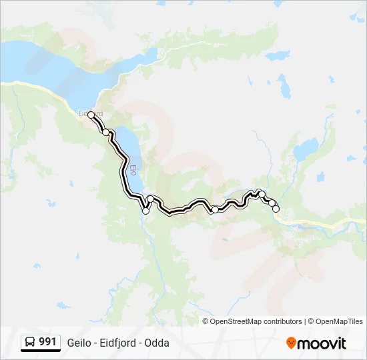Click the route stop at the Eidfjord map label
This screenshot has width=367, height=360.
coord(91,115)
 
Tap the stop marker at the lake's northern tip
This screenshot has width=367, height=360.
coord(105,132)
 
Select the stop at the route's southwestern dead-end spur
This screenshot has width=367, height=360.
coord(146,211)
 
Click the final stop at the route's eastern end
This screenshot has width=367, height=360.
coord(276,209)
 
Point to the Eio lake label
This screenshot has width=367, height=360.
coord(133,171)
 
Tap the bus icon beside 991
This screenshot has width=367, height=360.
coord(30,343)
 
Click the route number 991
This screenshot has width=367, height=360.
coord(47,343)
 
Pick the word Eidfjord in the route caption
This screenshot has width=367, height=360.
coord(118,343)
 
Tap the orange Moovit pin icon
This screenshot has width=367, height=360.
coord(291,343)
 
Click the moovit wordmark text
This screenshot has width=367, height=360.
coord(322,343)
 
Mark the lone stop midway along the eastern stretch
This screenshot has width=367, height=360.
coord(215,209)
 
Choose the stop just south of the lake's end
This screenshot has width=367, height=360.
coord(151,199)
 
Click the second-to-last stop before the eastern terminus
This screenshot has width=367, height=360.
coord(272,203)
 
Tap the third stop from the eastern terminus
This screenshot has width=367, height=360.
coord(262,195)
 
